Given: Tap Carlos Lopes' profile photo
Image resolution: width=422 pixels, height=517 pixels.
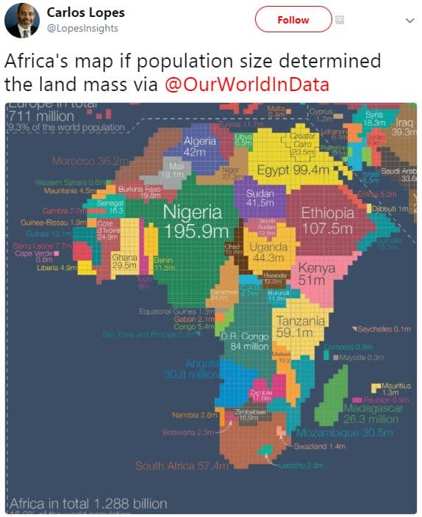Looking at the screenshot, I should [x=22, y=21].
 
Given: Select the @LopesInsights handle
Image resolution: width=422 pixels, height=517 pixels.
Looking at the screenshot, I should [x=82, y=28].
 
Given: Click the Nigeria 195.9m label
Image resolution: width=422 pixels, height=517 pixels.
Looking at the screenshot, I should [x=193, y=221].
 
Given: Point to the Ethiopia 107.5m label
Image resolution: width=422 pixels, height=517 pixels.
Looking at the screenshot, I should [x=328, y=220].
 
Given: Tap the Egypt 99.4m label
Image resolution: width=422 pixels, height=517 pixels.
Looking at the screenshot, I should [x=292, y=170].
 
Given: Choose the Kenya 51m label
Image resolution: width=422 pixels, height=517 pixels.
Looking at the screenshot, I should [x=316, y=274].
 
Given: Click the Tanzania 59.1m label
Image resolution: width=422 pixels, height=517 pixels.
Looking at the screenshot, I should [x=299, y=327].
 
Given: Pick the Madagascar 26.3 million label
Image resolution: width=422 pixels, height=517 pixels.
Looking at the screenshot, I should [x=371, y=413].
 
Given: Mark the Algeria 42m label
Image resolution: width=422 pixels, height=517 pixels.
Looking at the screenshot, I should [x=199, y=146].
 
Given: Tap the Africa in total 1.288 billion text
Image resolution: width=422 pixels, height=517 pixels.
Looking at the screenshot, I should [x=88, y=505].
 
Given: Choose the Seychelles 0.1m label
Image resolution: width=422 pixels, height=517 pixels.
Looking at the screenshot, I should [x=382, y=329].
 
